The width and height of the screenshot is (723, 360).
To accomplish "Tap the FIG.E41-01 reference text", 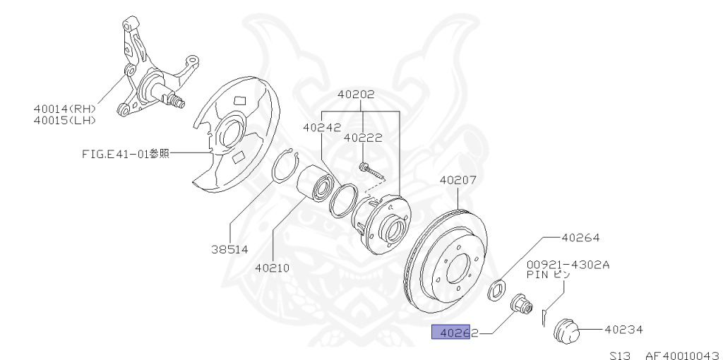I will (124, 153).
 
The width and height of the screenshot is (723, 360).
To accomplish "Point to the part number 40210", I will (272, 268).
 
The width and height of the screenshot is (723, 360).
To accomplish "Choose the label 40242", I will (322, 128).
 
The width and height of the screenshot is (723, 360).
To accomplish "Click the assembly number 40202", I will (356, 94).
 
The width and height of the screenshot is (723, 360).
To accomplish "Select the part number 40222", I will (363, 138).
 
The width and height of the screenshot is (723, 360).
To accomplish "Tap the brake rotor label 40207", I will (458, 180).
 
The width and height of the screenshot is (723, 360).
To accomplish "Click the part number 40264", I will (580, 239).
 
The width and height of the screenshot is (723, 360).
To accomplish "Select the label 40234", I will (623, 329).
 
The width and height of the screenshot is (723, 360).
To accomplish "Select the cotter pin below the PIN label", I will (544, 316).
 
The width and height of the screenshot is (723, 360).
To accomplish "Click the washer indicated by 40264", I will (498, 286).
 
